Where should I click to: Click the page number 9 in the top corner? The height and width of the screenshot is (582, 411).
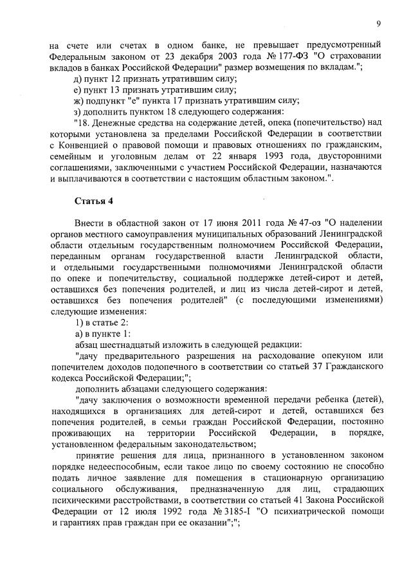point(379,24)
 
